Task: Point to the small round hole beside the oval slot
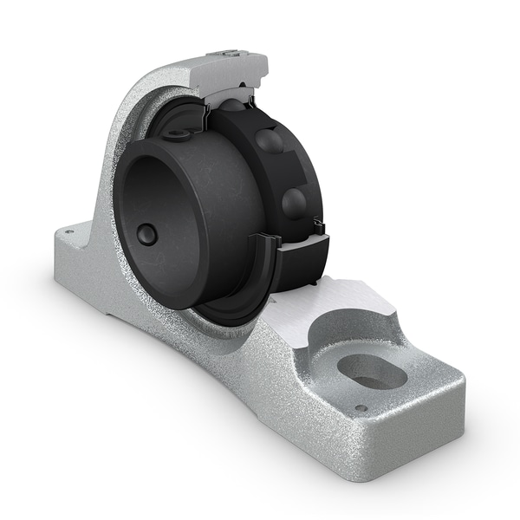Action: click(x=361, y=408)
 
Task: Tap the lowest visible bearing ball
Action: click(x=295, y=202)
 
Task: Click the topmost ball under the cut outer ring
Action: click(x=231, y=106)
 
